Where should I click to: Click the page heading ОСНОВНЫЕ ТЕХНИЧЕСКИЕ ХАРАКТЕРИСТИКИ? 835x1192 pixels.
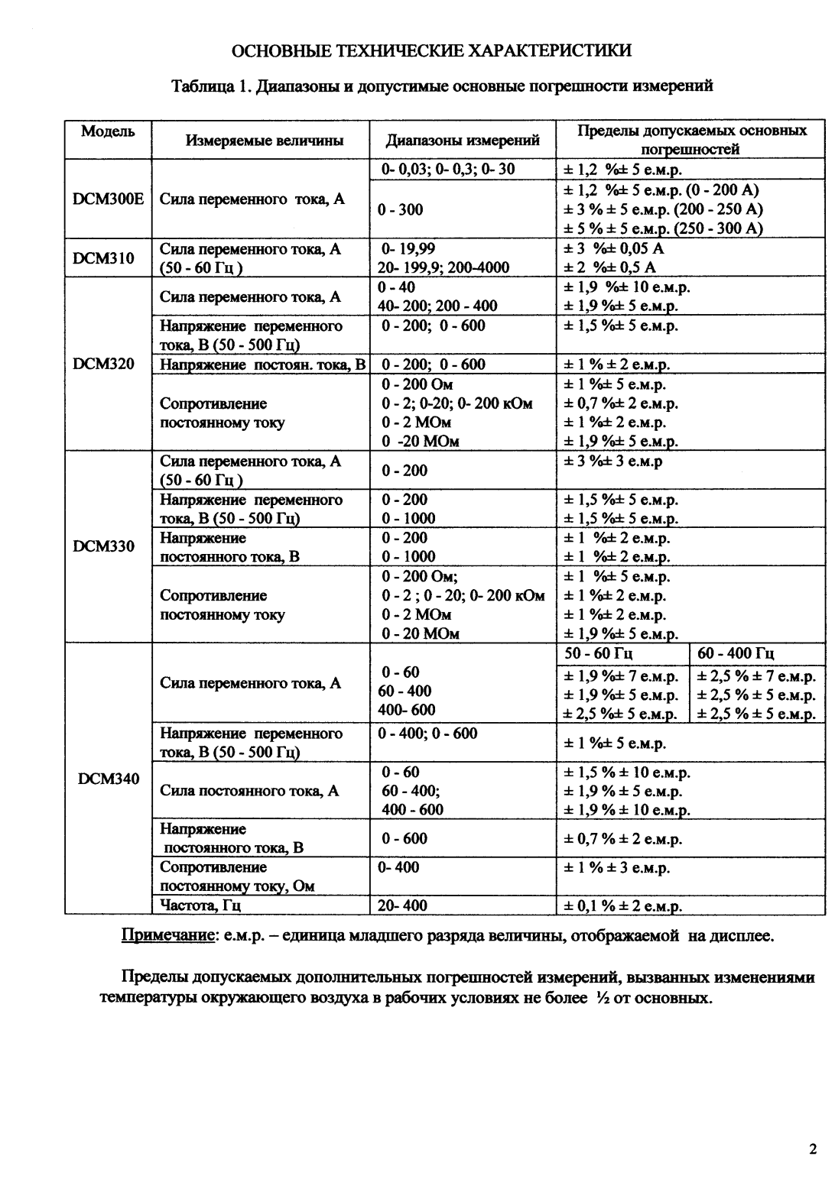(432, 51)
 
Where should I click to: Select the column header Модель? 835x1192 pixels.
(108, 131)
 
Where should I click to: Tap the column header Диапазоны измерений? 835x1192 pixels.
(463, 140)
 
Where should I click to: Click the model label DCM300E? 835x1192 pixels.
(108, 199)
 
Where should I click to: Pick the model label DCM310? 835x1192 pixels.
(103, 258)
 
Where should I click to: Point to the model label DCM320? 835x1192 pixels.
(103, 364)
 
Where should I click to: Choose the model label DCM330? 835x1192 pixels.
(103, 546)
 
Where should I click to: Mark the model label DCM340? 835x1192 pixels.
(109, 779)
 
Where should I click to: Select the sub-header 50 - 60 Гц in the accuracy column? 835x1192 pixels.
(599, 653)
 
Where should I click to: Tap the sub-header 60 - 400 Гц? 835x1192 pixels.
(736, 653)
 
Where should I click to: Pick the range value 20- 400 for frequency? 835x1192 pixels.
(403, 905)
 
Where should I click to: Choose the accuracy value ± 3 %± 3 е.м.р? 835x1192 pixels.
(613, 462)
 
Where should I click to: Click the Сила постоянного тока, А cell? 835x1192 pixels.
(249, 791)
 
